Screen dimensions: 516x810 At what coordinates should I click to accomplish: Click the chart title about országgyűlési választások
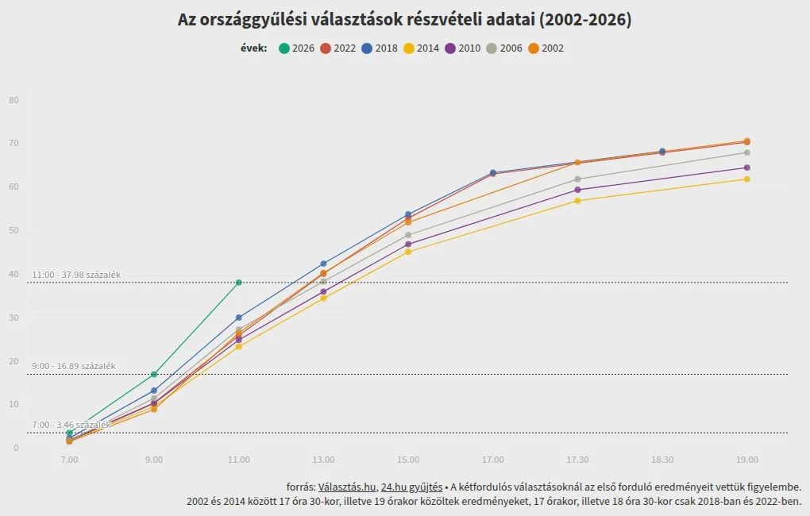coord(405,20)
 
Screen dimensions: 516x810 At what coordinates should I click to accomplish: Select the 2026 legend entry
coord(297,48)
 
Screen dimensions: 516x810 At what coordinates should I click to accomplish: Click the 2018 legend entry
coord(380,48)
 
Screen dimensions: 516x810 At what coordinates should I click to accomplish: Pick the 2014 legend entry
coord(422,48)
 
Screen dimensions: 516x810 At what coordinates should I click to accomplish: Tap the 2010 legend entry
coord(463,48)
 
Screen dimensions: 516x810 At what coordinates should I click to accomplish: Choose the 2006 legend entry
coord(504,48)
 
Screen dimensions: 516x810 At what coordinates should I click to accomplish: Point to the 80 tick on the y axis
coord(13,100)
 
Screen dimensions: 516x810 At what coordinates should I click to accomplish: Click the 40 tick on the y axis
coord(13,274)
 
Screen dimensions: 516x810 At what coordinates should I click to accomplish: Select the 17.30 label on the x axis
coord(577,460)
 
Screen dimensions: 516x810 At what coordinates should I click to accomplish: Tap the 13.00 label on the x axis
coord(323,460)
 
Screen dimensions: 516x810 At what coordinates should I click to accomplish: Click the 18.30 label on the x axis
coord(662,460)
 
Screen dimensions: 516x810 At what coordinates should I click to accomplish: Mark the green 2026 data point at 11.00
coord(239,283)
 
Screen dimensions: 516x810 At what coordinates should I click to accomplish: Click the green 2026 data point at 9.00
coord(154,375)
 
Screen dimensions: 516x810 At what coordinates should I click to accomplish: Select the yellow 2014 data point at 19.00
coord(747,179)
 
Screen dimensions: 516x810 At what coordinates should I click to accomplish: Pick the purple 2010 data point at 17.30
coord(577,190)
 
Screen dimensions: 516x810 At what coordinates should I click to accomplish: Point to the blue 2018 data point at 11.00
coord(239,318)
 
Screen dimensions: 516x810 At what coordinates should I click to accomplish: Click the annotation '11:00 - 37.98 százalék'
coord(76,275)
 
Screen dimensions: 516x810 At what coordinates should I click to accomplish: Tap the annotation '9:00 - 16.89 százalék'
coord(74,366)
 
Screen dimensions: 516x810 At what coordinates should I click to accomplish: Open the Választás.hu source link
coord(346,487)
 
